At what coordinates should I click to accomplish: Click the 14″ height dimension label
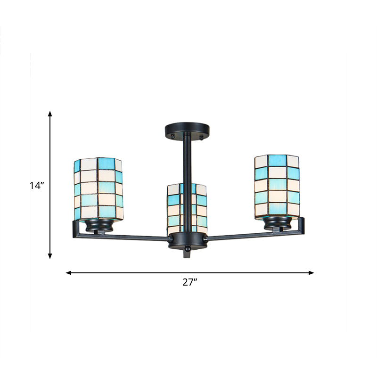coord(36,186)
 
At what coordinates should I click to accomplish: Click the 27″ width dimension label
coord(189,283)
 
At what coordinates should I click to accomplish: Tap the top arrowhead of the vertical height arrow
coord(50,113)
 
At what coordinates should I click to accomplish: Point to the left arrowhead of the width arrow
coord(68,272)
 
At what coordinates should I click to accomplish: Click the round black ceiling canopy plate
coord(187,129)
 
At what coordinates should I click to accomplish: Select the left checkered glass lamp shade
coord(98,188)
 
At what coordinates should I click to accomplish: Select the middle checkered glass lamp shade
coord(187,206)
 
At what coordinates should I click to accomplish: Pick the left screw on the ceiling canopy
coord(173,136)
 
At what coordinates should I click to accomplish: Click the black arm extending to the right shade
coord(250,232)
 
